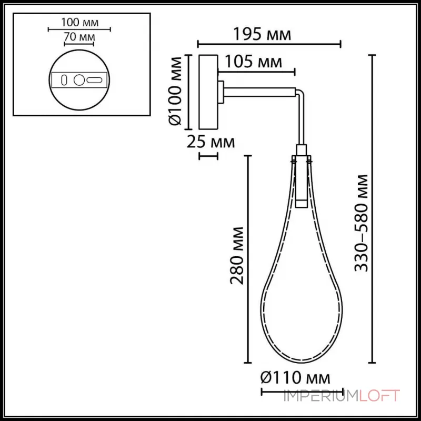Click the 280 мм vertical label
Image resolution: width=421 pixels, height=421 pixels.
[237, 255]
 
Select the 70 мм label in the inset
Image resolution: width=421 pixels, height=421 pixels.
[79, 37]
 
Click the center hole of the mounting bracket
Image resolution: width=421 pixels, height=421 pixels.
[79, 81]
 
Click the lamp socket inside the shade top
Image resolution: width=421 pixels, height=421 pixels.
[301, 179]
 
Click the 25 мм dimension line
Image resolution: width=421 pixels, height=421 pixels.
[207, 156]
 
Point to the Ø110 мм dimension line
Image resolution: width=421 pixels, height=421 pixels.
[302, 392]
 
